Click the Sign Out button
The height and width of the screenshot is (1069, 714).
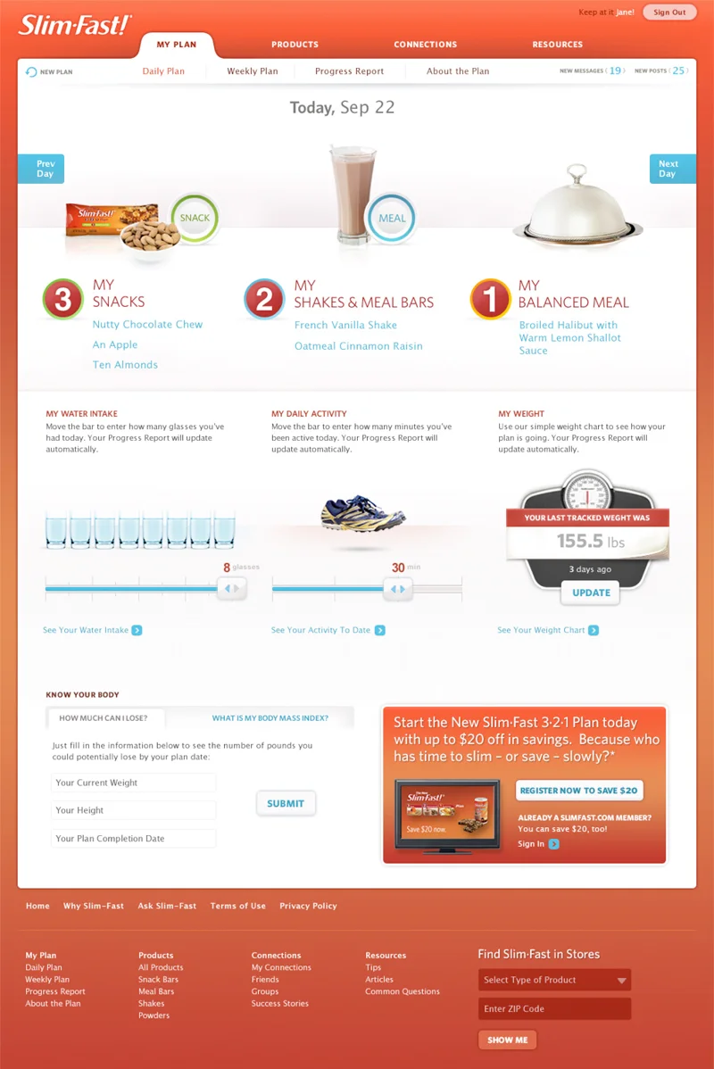tap(669, 12)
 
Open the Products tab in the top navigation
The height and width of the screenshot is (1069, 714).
tap(295, 45)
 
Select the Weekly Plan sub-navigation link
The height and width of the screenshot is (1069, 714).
tap(253, 70)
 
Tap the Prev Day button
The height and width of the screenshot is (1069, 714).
tap(41, 169)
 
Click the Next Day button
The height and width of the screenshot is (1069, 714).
tap(672, 169)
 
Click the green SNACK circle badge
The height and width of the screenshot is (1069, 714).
tap(195, 218)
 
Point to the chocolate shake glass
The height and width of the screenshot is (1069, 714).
tap(353, 195)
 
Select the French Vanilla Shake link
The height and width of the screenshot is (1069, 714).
tap(345, 325)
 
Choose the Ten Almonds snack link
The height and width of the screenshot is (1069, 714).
tap(125, 365)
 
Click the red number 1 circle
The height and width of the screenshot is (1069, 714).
tap(490, 299)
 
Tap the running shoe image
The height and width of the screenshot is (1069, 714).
tap(362, 513)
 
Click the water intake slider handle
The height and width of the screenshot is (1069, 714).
tap(232, 588)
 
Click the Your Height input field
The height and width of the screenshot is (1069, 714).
tap(133, 810)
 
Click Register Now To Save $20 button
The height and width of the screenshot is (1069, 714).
tap(579, 791)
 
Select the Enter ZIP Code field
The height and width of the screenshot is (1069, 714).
tap(554, 1008)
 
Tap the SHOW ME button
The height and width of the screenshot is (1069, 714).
tap(507, 1040)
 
